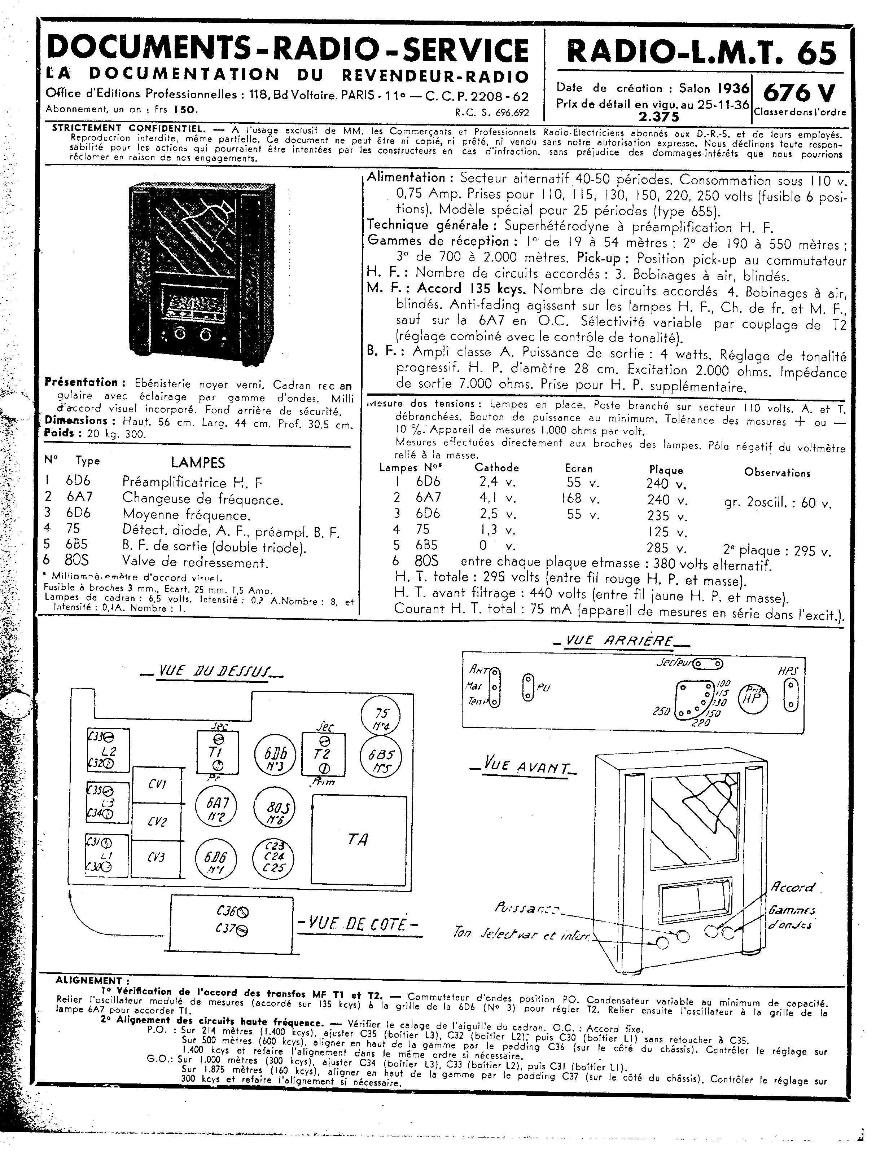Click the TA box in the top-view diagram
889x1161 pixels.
(x=359, y=839)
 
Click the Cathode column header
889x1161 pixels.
(x=496, y=467)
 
